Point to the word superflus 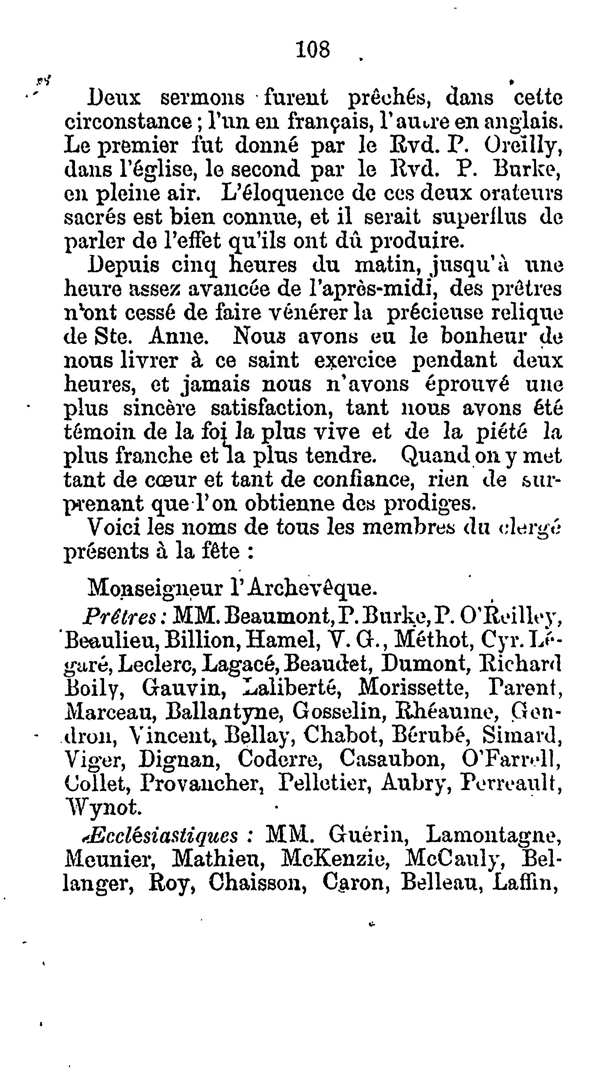pos(480,217)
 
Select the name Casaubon pos(393,759)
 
